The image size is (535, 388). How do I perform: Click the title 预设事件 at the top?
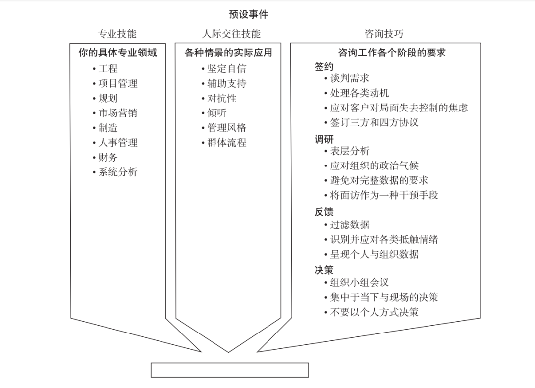pos(248,14)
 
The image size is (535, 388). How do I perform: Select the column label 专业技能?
pos(117,34)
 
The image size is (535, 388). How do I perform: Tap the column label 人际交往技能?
pos(231,34)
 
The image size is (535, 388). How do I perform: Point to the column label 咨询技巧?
pos(384,34)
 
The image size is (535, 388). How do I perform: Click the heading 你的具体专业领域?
pos(118,53)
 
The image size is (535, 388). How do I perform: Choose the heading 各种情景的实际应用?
pos(228,53)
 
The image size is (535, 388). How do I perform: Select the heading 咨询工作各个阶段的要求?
pos(392,53)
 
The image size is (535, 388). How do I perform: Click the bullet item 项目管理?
pos(118,84)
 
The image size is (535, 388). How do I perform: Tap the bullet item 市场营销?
pos(118,113)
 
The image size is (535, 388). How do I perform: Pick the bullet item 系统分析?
pos(118,172)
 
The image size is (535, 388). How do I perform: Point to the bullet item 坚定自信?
pos(226,68)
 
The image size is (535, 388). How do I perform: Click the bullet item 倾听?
pos(216,113)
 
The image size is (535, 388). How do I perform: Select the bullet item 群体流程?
pos(226,143)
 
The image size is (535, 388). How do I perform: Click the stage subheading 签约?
pos(324,66)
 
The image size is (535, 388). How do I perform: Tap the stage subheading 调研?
pos(324,139)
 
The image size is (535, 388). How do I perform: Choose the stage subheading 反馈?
pos(324,212)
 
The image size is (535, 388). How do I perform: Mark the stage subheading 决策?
pos(324,270)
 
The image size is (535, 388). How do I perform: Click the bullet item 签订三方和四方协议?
pos(374,122)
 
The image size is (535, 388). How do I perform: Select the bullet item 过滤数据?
pos(349,224)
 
